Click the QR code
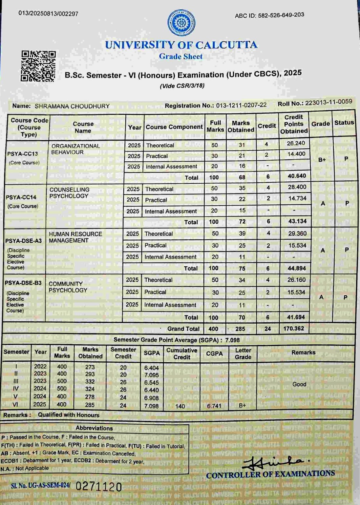click(x=38, y=66)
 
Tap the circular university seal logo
click(x=181, y=23)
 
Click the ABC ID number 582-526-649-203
click(x=281, y=15)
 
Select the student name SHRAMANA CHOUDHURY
click(x=72, y=106)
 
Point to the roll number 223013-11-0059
click(x=328, y=102)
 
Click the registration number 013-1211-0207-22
click(x=241, y=105)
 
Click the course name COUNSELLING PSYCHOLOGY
click(x=69, y=193)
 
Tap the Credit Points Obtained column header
click(x=294, y=124)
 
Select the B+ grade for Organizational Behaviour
click(x=322, y=160)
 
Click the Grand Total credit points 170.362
click(x=294, y=328)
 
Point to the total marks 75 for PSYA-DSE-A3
click(x=242, y=268)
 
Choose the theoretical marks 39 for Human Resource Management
click(x=242, y=233)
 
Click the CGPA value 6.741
click(x=214, y=406)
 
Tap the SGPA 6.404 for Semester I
click(x=151, y=368)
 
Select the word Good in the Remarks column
click(x=299, y=384)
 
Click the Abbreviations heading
click(x=94, y=428)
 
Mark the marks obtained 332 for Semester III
click(x=90, y=382)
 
